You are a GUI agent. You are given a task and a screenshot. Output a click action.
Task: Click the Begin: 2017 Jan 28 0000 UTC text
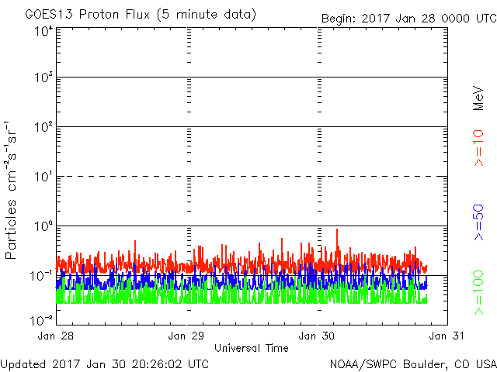coord(409,19)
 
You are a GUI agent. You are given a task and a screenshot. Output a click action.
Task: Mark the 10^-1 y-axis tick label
coord(42,276)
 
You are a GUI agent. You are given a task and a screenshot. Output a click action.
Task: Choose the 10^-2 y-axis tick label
coord(42,320)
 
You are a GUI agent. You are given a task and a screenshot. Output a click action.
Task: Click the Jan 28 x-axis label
coord(55,336)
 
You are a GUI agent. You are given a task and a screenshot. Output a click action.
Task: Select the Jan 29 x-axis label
coord(186,336)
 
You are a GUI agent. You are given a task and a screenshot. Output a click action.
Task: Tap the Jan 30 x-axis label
coord(317,336)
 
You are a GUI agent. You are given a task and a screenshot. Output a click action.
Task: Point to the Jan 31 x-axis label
coord(447,336)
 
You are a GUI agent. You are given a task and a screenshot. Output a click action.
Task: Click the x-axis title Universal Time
coord(252,348)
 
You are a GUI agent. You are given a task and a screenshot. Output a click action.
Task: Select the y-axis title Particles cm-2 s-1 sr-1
coord(10,190)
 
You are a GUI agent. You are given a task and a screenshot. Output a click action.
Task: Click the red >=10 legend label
coord(478,148)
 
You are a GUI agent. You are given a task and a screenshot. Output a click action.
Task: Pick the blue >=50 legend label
coord(478,222)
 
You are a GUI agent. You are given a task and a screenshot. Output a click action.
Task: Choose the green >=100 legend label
coord(478,293)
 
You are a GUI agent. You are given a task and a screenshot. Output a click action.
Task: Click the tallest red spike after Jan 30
coord(337,229)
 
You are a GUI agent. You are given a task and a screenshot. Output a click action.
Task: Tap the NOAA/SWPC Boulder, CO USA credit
coord(413,364)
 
